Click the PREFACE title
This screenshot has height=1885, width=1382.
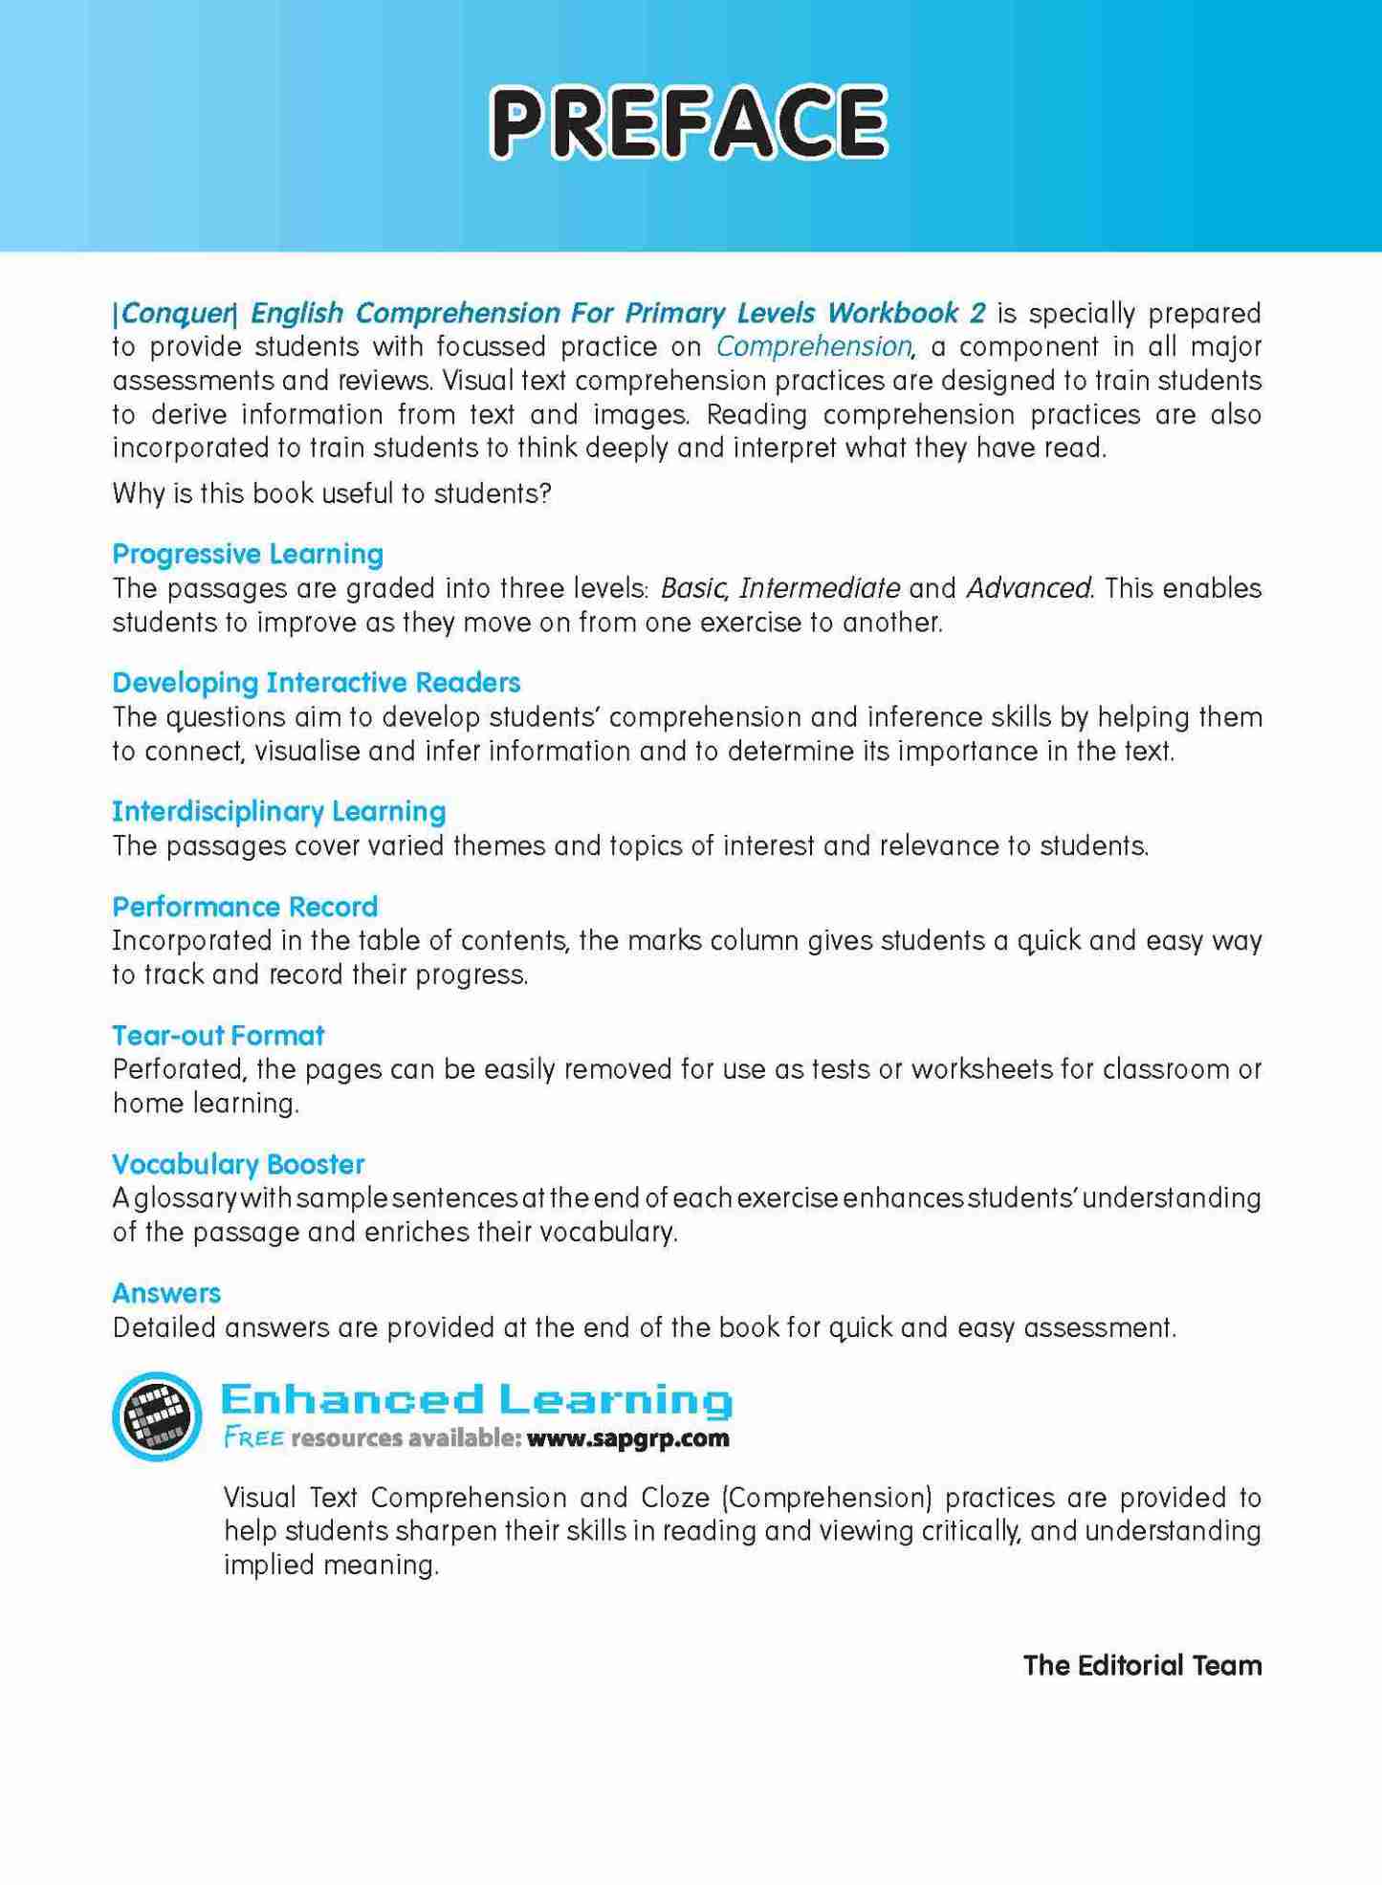click(x=689, y=121)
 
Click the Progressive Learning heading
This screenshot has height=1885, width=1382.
click(x=248, y=554)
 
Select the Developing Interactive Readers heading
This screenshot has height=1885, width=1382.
click(x=317, y=683)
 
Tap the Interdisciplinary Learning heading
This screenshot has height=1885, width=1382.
click(x=279, y=812)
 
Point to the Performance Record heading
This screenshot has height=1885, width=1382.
click(x=245, y=907)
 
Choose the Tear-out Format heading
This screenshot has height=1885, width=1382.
click(x=218, y=1036)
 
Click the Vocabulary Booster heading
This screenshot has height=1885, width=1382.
click(x=238, y=1165)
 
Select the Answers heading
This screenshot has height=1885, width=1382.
click(x=166, y=1294)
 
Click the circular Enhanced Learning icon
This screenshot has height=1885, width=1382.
click(x=157, y=1416)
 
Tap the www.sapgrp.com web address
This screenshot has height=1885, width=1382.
click(x=627, y=1438)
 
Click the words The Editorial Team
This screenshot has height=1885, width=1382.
click(x=1142, y=1666)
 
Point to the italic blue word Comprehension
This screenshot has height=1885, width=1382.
click(x=814, y=346)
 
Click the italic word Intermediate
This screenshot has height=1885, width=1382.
click(x=820, y=588)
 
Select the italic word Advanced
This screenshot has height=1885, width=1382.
click(x=1028, y=588)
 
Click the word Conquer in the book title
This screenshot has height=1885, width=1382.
click(x=176, y=314)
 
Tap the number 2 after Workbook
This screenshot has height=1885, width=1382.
click(x=977, y=313)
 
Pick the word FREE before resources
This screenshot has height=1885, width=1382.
click(x=253, y=1438)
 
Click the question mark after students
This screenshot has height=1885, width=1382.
click(x=546, y=494)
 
